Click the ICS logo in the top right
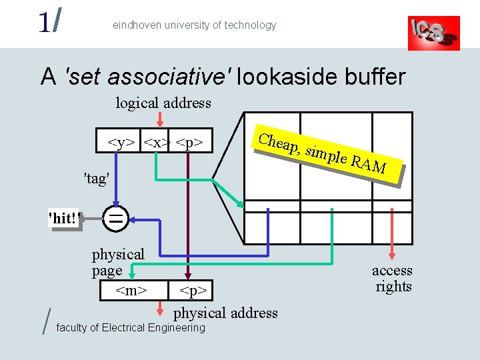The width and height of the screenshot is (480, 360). pyautogui.click(x=433, y=33)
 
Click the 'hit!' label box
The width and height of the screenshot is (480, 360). pyautogui.click(x=63, y=219)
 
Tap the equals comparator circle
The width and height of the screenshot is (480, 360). pyautogui.click(x=116, y=219)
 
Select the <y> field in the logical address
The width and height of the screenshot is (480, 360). pyautogui.click(x=122, y=142)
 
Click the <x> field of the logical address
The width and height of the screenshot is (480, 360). pyautogui.click(x=157, y=142)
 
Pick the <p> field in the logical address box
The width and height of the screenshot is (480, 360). pyautogui.click(x=190, y=142)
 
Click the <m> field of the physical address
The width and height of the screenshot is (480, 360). pyautogui.click(x=131, y=291)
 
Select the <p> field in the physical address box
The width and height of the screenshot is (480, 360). pyautogui.click(x=195, y=291)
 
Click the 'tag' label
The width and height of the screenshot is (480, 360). pyautogui.click(x=96, y=178)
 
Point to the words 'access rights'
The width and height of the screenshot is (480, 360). pyautogui.click(x=393, y=279)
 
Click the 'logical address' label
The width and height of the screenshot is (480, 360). pyautogui.click(x=163, y=103)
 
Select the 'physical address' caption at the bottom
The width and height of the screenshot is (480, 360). pyautogui.click(x=225, y=313)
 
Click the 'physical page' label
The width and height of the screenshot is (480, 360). pyautogui.click(x=118, y=262)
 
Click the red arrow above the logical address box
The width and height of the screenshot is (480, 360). pyautogui.click(x=159, y=119)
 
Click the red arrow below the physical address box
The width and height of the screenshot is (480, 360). pyautogui.click(x=160, y=309)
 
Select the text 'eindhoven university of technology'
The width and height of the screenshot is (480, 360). pyautogui.click(x=194, y=25)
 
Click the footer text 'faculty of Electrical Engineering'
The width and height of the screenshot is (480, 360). pyautogui.click(x=131, y=328)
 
